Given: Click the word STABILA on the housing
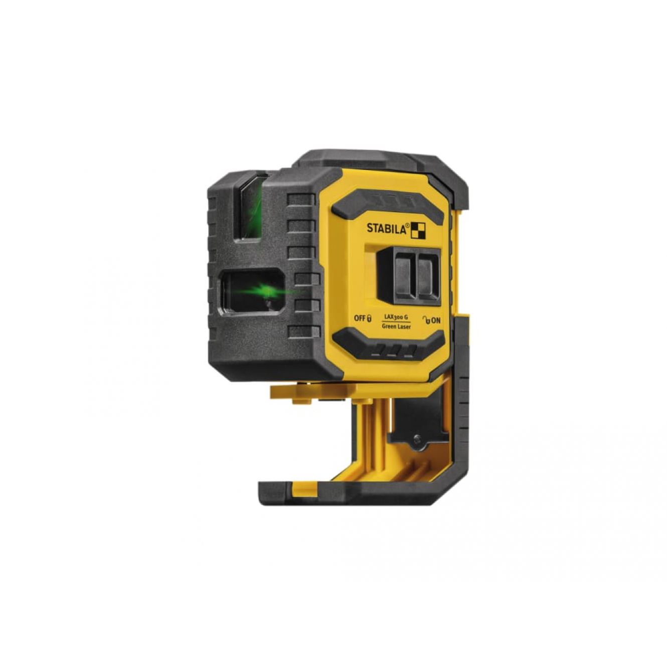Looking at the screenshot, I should tap(388, 228).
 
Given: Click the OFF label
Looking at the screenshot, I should tap(359, 318).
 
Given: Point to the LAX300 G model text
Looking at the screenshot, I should tap(396, 316).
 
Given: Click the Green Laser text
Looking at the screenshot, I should tap(396, 326).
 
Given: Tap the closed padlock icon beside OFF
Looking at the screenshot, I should tap(369, 318).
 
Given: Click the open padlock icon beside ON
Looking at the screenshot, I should tap(426, 319).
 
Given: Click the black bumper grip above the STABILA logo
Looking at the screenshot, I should tap(388, 204).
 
